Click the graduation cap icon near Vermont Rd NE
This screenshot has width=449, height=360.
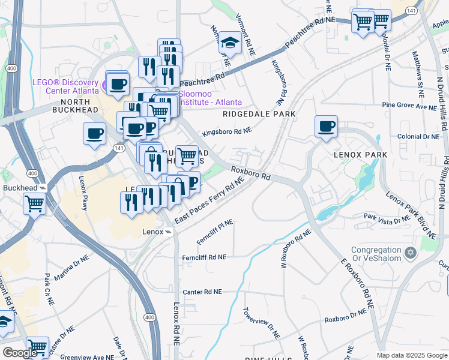click(x=229, y=43)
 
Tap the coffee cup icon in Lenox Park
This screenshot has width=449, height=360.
click(x=326, y=127)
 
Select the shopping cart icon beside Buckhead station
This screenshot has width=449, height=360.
click(x=35, y=203)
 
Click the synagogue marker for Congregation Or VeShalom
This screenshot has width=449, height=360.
click(x=411, y=253)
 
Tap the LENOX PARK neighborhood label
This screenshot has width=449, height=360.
click(x=357, y=154)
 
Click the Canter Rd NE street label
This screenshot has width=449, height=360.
click(x=202, y=292)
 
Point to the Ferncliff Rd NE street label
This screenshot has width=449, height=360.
click(x=204, y=257)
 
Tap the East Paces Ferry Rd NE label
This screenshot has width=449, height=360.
click(x=211, y=200)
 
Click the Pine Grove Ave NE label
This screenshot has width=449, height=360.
click(x=411, y=106)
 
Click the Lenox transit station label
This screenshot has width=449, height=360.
click(x=152, y=232)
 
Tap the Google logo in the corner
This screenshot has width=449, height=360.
click(x=20, y=353)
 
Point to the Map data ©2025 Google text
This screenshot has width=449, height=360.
click(x=411, y=355)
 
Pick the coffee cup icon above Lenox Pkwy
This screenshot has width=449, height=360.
click(x=94, y=134)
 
